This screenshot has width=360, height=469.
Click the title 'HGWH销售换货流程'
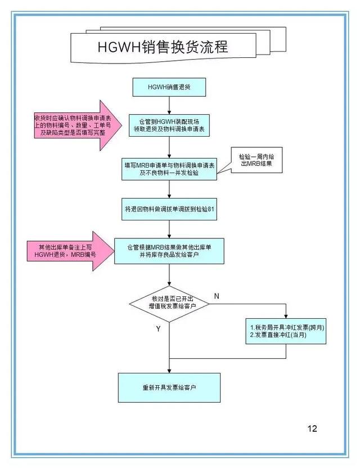[x=163, y=47]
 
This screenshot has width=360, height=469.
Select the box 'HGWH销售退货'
[x=169, y=87]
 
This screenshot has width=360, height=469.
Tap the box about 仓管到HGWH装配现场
[x=169, y=125]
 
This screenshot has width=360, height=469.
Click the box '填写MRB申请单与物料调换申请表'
[x=169, y=169]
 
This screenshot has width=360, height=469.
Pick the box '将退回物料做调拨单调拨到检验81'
[x=169, y=209]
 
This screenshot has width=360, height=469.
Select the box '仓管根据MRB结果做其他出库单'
[x=169, y=251]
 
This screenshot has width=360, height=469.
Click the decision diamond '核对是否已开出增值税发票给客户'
[x=169, y=304]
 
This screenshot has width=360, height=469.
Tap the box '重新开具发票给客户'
[x=169, y=387]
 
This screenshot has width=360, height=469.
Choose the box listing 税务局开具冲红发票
[x=286, y=331]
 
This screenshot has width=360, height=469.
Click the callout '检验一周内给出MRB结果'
[x=256, y=160]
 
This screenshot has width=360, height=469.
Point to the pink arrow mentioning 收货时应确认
[x=78, y=125]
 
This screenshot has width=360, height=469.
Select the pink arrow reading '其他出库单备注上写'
[x=71, y=251]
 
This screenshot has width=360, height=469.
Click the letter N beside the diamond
[x=217, y=296]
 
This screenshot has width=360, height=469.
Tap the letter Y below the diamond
[x=158, y=329]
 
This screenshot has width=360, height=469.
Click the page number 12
[x=312, y=429]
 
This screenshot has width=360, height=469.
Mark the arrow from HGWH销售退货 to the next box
[x=169, y=105]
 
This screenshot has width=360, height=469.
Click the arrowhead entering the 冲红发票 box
[x=286, y=317]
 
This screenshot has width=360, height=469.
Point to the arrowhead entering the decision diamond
[x=169, y=283]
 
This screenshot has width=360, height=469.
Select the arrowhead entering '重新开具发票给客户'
[x=169, y=371]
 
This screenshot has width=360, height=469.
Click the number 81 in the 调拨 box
[x=211, y=209]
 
